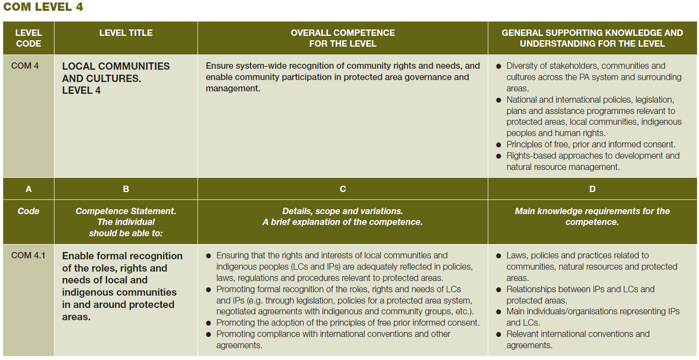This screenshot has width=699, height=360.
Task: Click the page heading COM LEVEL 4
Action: [43, 7]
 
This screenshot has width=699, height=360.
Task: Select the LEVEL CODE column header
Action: [28, 38]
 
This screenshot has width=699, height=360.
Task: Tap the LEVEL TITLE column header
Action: [126, 33]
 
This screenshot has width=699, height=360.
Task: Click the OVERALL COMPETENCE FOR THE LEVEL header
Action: [342, 38]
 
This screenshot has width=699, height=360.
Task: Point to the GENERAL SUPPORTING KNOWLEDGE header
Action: [592, 38]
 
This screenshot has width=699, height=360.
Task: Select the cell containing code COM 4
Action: [25, 66]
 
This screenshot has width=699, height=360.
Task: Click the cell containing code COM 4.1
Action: [28, 255]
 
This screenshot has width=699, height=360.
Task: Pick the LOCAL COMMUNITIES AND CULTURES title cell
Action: [116, 78]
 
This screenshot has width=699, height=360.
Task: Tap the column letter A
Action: [28, 189]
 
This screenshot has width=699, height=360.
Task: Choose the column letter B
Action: [126, 189]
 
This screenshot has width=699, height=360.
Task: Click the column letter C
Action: [342, 189]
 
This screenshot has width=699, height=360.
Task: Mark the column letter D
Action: [592, 189]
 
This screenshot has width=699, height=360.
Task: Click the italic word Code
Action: [28, 211]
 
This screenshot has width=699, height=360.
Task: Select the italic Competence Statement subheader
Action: [126, 222]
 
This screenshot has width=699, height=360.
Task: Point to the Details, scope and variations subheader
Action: [342, 216]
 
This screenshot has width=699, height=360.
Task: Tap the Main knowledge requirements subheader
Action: [592, 216]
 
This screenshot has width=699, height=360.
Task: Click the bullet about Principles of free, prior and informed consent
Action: [590, 144]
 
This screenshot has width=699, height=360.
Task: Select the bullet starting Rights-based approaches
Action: [592, 161]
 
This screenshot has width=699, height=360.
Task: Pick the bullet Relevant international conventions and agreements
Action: [578, 339]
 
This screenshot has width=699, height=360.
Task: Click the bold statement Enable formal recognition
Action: [122, 286]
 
